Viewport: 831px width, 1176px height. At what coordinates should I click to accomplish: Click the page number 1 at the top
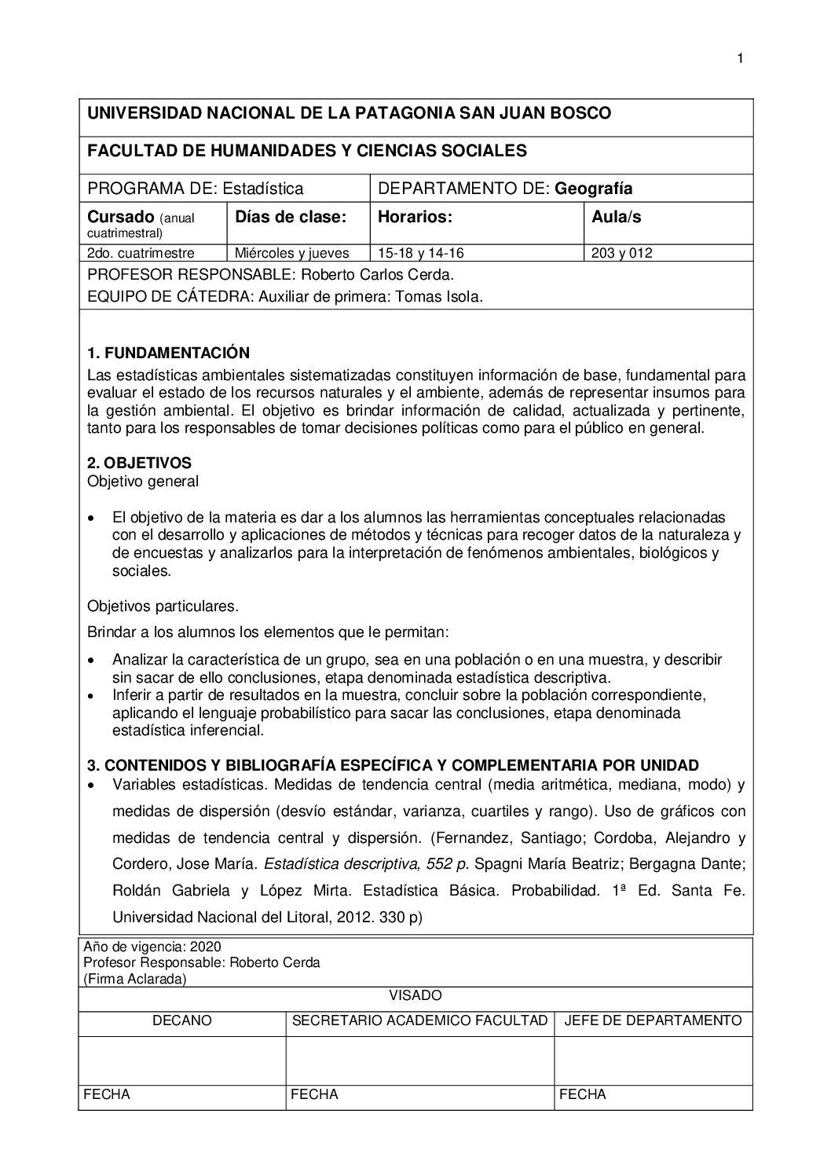739,58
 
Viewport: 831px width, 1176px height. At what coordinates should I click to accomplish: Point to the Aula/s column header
616,217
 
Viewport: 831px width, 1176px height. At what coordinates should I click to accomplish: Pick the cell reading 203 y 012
621,253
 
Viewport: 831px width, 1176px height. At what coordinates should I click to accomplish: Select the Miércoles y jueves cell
291,253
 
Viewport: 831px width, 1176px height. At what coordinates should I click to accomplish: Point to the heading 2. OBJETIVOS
139,463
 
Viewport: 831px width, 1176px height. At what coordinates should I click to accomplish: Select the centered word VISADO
415,995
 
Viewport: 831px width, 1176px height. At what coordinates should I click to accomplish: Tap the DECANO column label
182,1020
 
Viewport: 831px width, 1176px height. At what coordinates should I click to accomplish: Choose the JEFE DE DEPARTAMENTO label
653,1020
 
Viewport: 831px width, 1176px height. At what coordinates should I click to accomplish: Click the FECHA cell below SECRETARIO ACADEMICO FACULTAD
314,1094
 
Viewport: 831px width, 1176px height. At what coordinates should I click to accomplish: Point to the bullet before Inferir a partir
93,696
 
